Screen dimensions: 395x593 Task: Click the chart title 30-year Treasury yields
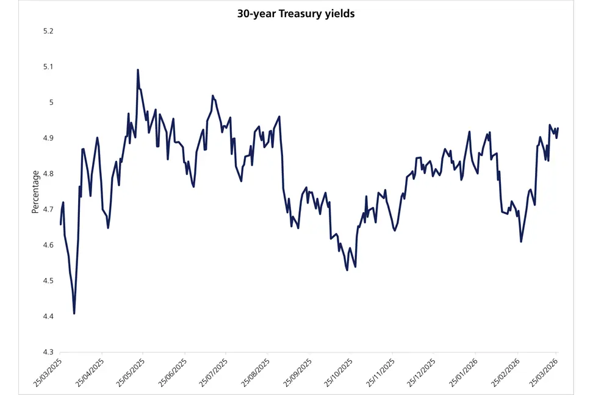coord(296,14)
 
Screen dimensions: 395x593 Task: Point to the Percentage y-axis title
coord(35,191)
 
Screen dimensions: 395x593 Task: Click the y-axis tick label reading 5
coord(51,102)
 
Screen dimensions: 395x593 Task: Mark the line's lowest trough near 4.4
coord(74,313)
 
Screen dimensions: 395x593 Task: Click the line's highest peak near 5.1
coord(138,70)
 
